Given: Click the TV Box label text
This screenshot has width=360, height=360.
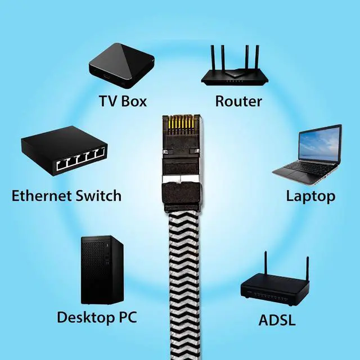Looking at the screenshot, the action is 123,101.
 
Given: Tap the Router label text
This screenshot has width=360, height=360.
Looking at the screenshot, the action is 238,101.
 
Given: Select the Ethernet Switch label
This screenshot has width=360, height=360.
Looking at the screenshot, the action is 66,196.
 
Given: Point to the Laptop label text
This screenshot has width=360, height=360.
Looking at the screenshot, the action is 310,196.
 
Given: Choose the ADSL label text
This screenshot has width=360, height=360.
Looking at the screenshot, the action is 277,321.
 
